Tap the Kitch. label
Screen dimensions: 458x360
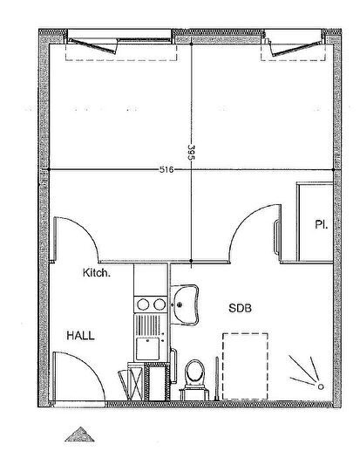97,273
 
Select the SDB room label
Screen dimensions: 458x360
242,307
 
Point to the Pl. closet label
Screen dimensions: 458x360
321,225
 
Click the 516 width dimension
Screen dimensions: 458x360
166,169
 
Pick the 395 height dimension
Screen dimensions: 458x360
187,151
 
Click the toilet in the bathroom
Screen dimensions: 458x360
194,373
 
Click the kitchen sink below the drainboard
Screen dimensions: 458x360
150,349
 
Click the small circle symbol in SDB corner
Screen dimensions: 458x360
320,386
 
